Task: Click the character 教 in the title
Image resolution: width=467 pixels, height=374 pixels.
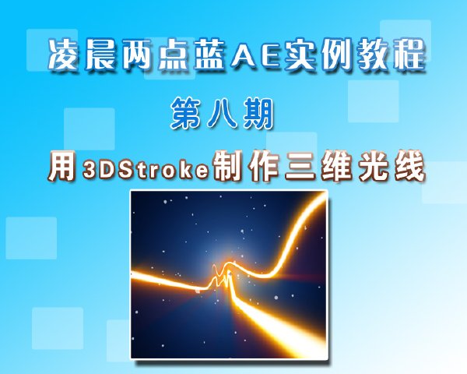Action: coord(373,55)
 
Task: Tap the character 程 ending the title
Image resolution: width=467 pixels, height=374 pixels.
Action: coord(409,55)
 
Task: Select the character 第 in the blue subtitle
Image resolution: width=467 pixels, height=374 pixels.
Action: coord(186,114)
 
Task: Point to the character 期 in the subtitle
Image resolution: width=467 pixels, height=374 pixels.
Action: coord(258,114)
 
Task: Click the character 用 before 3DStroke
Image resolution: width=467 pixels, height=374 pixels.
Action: coord(61,166)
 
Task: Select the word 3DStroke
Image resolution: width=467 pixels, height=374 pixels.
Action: coord(146,168)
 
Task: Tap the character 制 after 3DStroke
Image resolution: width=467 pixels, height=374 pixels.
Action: coord(227,166)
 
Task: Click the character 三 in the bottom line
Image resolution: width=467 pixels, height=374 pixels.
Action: coord(300,166)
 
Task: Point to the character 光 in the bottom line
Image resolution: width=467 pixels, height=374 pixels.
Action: coord(373,166)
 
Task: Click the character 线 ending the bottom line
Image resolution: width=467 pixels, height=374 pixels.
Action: coord(410,166)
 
